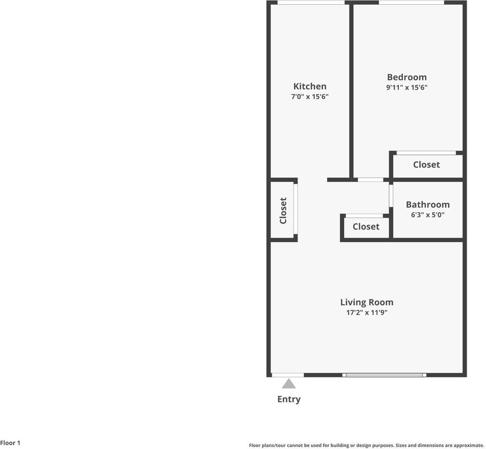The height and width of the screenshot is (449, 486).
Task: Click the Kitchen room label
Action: click(310, 86)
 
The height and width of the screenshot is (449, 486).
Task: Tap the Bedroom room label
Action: click(406, 77)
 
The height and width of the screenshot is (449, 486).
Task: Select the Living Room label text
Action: click(366, 302)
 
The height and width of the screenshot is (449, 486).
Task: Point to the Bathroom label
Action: click(428, 204)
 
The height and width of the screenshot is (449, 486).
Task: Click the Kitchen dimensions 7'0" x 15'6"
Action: click(310, 97)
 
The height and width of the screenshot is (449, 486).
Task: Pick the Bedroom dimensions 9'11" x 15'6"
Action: click(406, 87)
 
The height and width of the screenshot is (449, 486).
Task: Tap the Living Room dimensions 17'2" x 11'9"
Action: click(366, 312)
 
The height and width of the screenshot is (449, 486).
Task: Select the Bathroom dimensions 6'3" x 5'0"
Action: click(428, 215)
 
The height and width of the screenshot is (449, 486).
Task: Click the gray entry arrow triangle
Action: click(289, 384)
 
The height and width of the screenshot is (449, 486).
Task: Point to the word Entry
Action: click(289, 399)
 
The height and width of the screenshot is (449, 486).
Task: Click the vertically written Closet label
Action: click(283, 210)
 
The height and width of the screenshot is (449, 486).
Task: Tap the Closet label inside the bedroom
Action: click(426, 165)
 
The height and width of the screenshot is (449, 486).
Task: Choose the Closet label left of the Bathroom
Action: click(366, 226)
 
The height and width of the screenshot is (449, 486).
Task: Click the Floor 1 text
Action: click(10, 442)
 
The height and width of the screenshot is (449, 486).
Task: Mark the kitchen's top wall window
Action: click(311, 3)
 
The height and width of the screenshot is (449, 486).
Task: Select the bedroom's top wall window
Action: click(411, 3)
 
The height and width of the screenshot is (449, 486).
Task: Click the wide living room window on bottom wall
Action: click(384, 375)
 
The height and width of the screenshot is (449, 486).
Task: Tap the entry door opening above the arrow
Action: click(288, 375)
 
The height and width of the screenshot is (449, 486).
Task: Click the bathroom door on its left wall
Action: click(391, 196)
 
